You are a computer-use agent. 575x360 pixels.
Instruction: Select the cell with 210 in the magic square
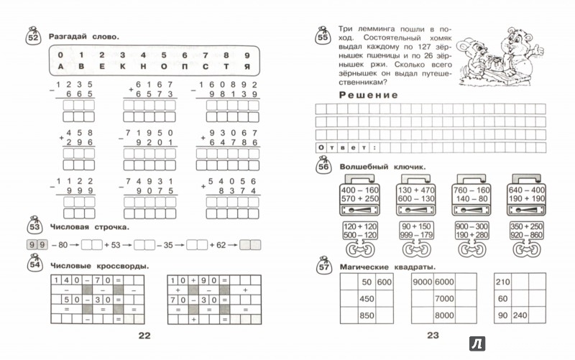tap(502, 281)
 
